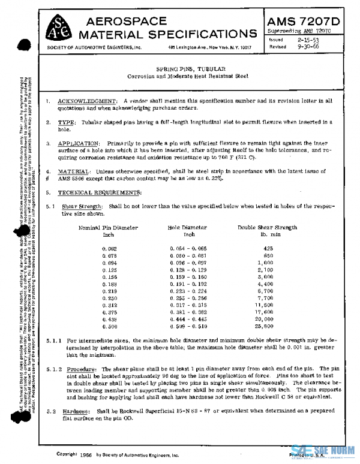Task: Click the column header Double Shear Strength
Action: point(268,228)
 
